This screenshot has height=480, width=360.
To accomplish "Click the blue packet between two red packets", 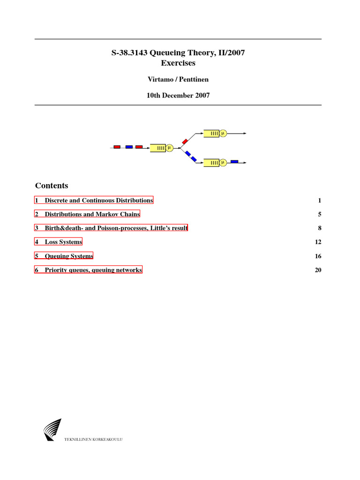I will click(129, 147).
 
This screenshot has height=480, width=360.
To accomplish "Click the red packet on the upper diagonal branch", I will click(185, 141).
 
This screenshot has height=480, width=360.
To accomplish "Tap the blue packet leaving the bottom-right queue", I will click(234, 162).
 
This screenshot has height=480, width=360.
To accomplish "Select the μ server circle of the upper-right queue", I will click(223, 133).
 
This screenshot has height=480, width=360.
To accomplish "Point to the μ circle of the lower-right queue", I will click(223, 162).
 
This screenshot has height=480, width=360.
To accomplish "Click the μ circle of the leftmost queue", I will click(170, 148).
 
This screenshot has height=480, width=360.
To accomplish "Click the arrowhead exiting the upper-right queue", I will click(244, 133).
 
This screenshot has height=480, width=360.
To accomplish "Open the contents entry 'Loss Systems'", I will click(63, 242).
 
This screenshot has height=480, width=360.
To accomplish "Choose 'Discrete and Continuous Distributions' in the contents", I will click(98, 200).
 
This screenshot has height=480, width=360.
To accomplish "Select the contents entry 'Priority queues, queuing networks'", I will click(93, 270).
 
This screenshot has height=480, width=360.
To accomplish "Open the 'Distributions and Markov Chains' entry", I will click(92, 214).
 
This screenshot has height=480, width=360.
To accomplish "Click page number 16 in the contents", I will click(318, 256).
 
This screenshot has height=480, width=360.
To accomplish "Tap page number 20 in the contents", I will click(318, 270).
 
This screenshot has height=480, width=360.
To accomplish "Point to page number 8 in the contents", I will click(319, 228).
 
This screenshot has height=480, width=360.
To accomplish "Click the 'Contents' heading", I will click(52, 186).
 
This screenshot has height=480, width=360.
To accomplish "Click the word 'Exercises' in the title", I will click(178, 63).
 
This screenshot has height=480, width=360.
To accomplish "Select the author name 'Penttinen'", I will click(192, 80).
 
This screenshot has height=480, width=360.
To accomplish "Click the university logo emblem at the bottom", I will click(52, 430).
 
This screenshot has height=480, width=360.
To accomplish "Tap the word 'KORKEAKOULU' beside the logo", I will click(106, 439).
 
